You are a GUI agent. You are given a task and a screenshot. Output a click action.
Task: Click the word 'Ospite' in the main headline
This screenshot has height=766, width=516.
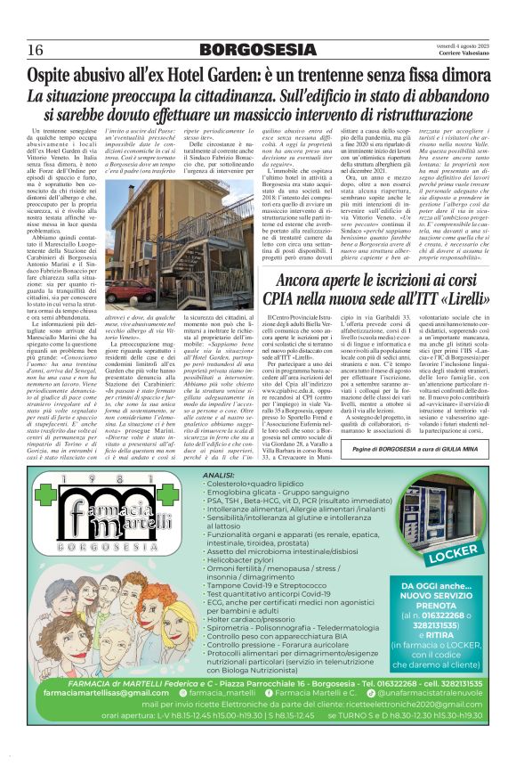[58, 77]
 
